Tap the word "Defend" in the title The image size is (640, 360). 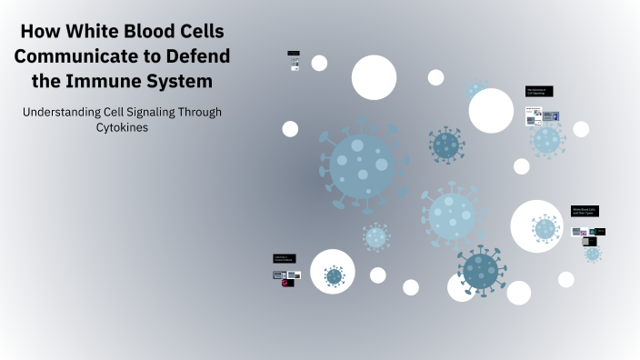[x=198, y=56]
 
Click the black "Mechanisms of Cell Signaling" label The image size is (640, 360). [x=539, y=91]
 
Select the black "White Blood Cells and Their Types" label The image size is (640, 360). [x=585, y=211]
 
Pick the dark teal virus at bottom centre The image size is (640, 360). [x=480, y=269]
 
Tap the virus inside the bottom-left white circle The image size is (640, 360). [x=334, y=275]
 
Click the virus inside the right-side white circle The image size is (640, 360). [x=545, y=228]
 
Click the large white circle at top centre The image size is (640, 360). [x=374, y=77]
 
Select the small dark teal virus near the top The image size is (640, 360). [x=445, y=143]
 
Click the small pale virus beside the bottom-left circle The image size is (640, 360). [x=375, y=237]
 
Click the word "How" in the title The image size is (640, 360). [x=42, y=32]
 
